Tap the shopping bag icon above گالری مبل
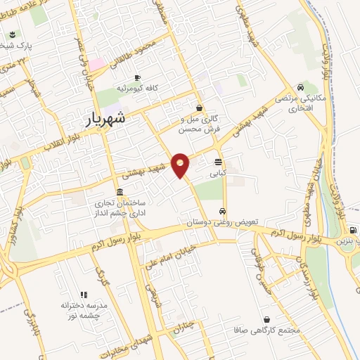[x=200, y=108]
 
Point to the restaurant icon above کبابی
[x=218, y=160]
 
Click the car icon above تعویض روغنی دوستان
[x=222, y=211]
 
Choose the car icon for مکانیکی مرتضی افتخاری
[x=301, y=88]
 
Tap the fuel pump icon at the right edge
[x=352, y=230]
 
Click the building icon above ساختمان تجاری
[x=119, y=192]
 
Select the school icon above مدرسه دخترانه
[x=84, y=295]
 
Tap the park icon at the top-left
[x=13, y=34]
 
